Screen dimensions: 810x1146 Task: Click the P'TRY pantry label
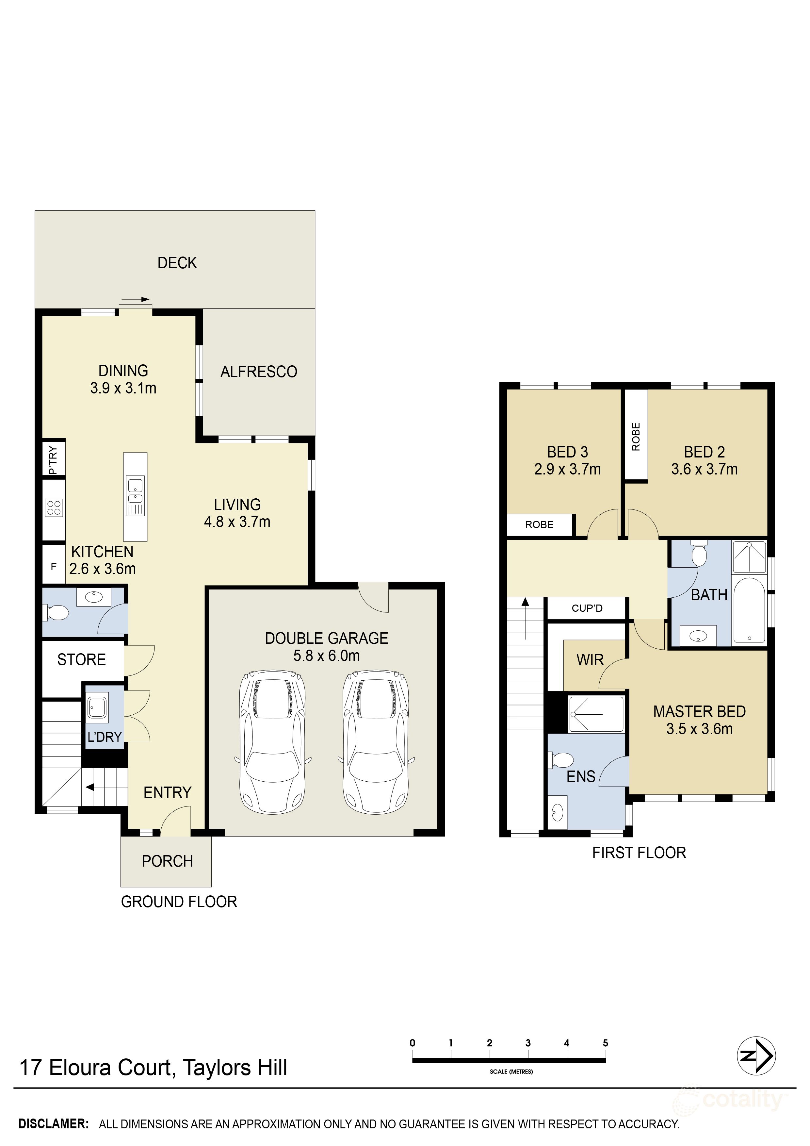click(x=53, y=460)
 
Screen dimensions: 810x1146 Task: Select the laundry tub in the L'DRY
click(x=98, y=708)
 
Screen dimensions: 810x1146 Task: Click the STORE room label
click(x=81, y=660)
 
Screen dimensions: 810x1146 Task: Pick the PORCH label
click(x=167, y=861)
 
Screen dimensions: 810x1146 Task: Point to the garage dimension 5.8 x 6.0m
click(x=327, y=656)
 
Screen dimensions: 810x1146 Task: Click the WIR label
click(x=590, y=660)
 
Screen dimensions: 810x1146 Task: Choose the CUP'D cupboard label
click(x=587, y=608)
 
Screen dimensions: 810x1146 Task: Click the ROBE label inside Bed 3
click(x=539, y=524)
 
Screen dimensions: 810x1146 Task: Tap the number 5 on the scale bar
click(x=606, y=1043)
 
